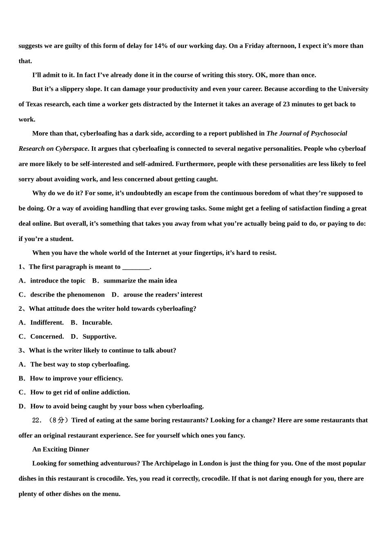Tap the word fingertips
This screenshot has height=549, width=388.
pos(190,253)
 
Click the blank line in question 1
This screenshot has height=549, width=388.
pos(136,267)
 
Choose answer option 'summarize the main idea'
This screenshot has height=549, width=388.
pos(140,281)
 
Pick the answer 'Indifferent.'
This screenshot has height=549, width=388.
pos(47,322)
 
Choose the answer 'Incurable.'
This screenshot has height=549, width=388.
pos(97,322)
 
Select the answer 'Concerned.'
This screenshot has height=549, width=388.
pos(47,337)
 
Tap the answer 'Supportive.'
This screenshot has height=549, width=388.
pos(99,337)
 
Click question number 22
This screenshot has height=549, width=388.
pos(37,420)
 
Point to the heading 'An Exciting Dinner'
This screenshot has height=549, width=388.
pos(60,449)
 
